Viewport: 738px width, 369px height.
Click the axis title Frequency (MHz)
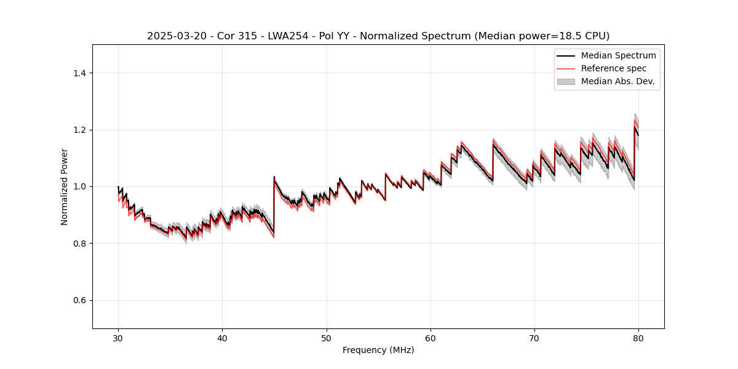378,350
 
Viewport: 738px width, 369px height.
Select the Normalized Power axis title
64,186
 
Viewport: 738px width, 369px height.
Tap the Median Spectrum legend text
618,55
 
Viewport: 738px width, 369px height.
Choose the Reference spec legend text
614,68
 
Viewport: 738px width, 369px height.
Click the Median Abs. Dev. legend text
617,81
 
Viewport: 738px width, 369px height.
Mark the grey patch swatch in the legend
566,81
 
